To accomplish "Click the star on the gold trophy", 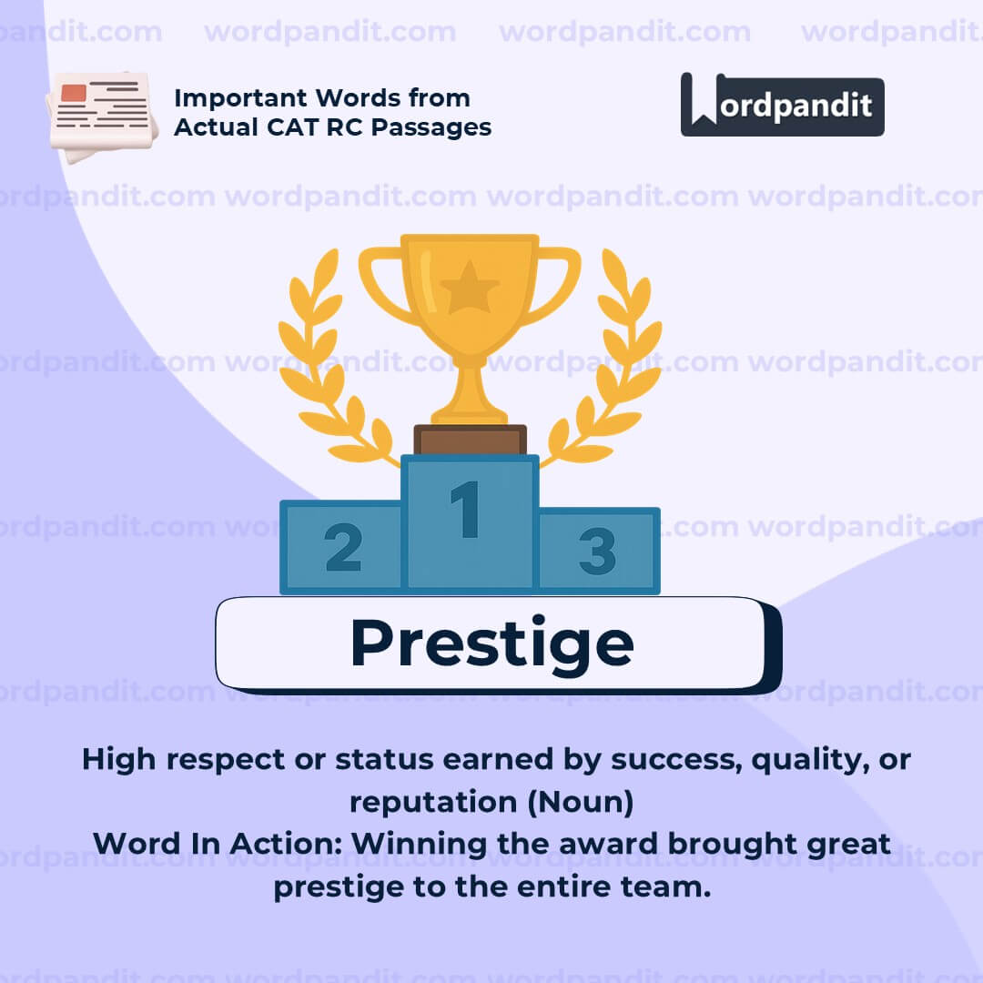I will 470,287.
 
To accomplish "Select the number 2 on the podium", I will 343,549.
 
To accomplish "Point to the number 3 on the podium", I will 597,552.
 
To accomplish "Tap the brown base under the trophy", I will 470,440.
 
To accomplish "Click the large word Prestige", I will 491,643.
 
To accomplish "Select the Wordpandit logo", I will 782,106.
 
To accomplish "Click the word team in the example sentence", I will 670,887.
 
